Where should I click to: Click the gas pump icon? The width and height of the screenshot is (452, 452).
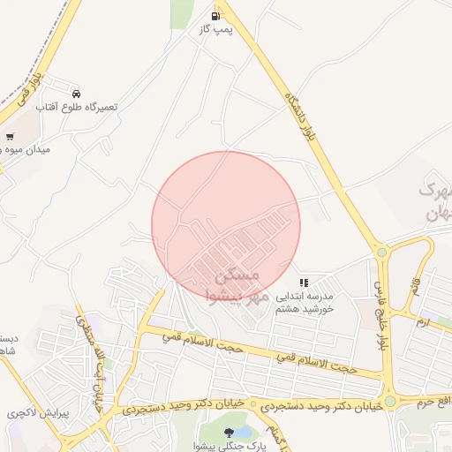pos(215,16)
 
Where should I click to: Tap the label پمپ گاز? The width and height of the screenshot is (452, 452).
pos(215,30)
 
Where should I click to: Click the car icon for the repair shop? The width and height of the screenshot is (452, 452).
pos(77,93)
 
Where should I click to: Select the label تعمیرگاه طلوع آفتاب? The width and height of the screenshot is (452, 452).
pos(77,106)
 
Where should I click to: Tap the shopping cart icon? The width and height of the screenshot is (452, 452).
pos(10,137)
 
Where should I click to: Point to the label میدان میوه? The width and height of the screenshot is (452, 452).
pos(26,150)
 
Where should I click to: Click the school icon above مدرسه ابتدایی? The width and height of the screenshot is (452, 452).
pos(304,282)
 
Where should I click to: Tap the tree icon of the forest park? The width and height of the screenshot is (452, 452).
pos(230,432)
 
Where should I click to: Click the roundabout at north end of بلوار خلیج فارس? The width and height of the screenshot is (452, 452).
pos(381,252)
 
